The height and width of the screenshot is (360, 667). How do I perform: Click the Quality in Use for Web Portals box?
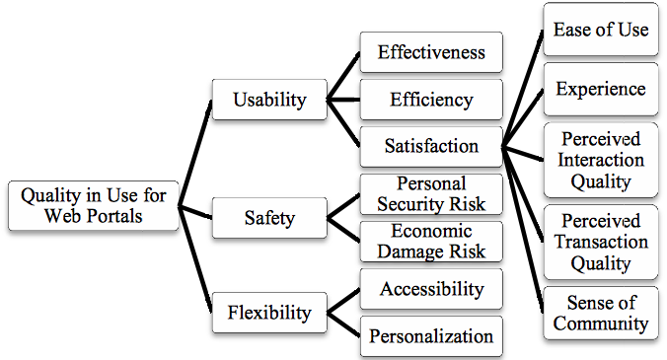pos(94,206)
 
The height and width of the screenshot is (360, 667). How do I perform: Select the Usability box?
pos(269,100)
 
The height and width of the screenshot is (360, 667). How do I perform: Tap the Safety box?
pos(269,218)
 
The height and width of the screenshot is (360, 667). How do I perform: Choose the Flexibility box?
pos(269,313)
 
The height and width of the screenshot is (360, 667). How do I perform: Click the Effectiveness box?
pos(431,52)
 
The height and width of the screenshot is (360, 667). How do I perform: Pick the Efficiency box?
pos(431,100)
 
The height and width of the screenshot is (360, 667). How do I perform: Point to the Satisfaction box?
pos(431,147)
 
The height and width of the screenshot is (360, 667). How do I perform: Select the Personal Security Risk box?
pos(431,194)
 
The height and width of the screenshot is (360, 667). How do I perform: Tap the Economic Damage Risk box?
pos(431,242)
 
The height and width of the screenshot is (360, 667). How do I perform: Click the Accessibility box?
pos(431,289)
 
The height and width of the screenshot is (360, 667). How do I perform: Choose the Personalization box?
pos(431,335)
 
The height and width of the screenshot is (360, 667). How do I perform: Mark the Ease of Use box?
pos(601,30)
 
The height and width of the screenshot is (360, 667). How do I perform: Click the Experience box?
pos(601,89)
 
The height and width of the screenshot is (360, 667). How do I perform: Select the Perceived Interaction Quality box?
pos(601,160)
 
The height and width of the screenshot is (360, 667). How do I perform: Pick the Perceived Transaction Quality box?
pos(601,242)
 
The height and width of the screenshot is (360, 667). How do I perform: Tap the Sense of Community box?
pos(601,313)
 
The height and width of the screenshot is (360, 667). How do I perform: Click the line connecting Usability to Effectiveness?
pos(343,76)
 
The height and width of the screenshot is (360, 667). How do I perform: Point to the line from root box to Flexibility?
pos(194,259)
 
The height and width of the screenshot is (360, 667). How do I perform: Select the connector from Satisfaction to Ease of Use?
pos(523,89)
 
